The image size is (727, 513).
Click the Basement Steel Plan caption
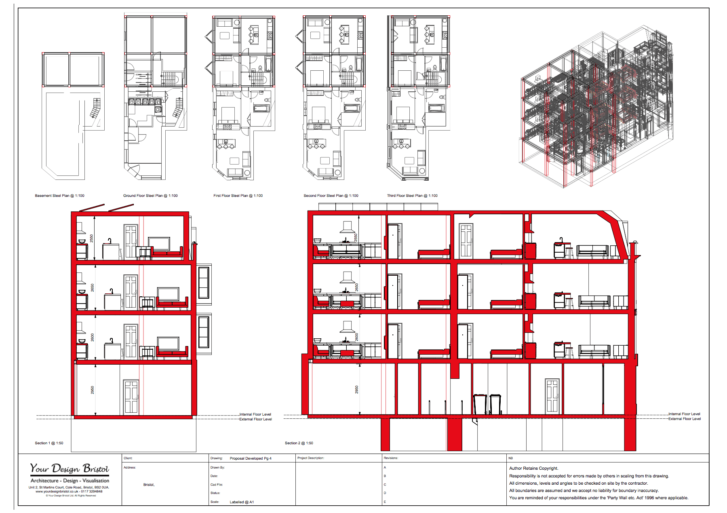[59, 196]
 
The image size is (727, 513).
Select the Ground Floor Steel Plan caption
[150, 196]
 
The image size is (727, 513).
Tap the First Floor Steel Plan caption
[238, 196]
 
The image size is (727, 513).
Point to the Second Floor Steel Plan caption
[331, 196]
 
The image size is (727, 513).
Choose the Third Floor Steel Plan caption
[412, 196]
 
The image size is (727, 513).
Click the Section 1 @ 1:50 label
[49, 443]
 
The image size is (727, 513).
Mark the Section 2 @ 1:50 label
[299, 443]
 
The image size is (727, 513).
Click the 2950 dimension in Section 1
[93, 390]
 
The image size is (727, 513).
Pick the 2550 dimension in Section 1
[92, 238]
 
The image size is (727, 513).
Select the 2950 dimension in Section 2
[357, 390]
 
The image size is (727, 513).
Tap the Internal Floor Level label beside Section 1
[255, 414]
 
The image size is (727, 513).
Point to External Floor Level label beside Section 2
[685, 419]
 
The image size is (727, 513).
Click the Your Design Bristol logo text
[70, 469]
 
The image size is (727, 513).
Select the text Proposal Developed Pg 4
[251, 458]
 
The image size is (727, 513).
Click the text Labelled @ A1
[242, 502]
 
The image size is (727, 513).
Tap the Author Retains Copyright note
[533, 468]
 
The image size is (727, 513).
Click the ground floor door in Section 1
[131, 397]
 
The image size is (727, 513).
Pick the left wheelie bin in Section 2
[480, 404]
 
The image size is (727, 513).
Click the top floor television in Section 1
[159, 244]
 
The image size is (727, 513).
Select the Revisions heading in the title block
[391, 458]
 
